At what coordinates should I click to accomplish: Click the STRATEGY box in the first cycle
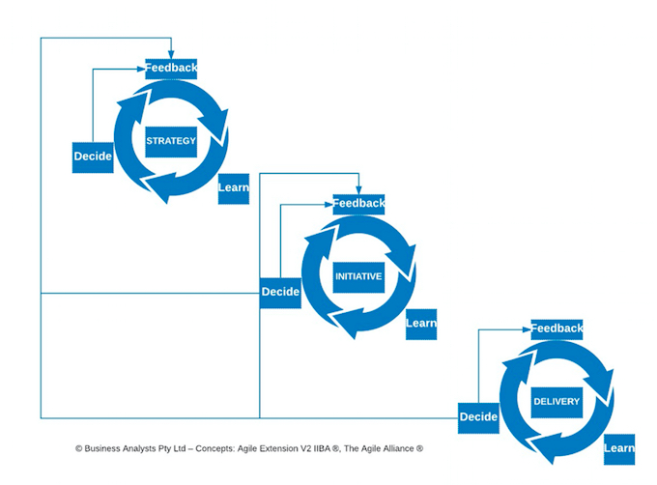[171, 141]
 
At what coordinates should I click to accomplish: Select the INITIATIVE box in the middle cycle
[358, 276]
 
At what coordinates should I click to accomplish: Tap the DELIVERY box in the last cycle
[557, 401]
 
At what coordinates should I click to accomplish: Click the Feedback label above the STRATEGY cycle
[171, 68]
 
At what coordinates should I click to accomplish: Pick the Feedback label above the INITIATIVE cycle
[358, 203]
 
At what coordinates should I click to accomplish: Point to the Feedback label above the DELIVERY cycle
[557, 328]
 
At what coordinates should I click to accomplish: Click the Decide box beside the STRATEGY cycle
[93, 157]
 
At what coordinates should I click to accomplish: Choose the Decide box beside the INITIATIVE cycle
[280, 291]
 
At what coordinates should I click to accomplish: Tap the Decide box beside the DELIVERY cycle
[478, 416]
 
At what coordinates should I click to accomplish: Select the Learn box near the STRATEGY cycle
[233, 187]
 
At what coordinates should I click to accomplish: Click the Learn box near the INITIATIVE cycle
[421, 323]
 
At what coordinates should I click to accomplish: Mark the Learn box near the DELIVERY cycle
[618, 448]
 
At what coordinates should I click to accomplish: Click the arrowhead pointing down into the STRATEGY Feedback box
[171, 54]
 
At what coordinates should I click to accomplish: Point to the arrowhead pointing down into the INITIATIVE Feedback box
[358, 189]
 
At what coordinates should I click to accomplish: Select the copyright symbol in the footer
[78, 449]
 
